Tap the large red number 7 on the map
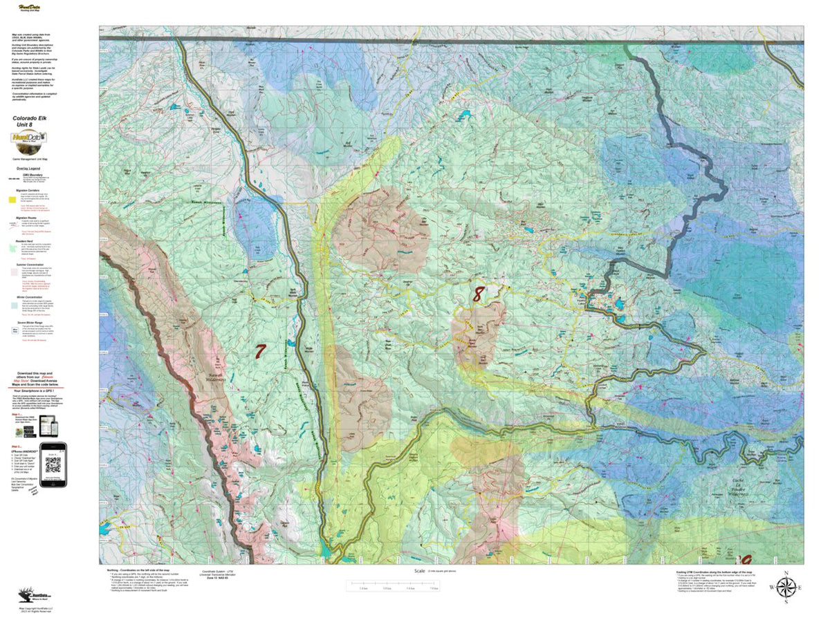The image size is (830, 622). pyautogui.click(x=259, y=351)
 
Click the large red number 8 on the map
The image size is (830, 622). pyautogui.click(x=477, y=294)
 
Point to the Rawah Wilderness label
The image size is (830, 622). pyautogui.click(x=220, y=374)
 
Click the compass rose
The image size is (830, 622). pyautogui.click(x=785, y=588)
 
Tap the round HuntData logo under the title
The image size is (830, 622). pyautogui.click(x=28, y=140)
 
